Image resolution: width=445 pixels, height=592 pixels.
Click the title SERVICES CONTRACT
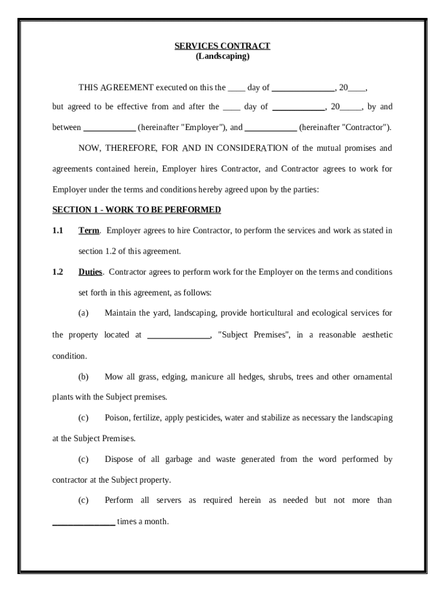[x=222, y=46]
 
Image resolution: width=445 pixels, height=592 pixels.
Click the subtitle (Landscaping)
[x=222, y=56]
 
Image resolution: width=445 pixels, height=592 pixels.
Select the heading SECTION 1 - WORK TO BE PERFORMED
[x=136, y=209]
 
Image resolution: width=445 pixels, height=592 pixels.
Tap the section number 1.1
[x=57, y=231]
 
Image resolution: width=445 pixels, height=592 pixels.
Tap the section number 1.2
[x=57, y=272]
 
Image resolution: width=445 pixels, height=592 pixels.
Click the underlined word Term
[x=88, y=231]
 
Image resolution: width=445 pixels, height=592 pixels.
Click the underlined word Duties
[x=90, y=272]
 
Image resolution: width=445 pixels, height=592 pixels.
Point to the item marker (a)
[x=83, y=313]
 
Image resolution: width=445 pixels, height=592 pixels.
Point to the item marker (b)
[x=83, y=377]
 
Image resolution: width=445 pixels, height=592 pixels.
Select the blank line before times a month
[x=83, y=522]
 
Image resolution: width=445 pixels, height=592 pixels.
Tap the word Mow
[x=113, y=377]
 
